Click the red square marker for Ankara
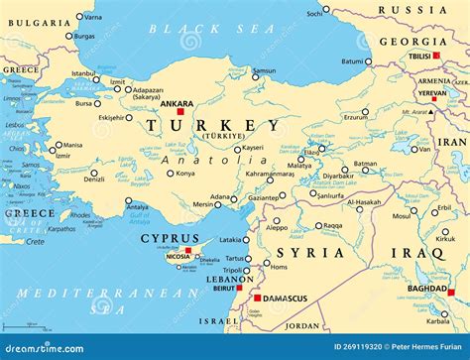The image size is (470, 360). click(180, 112)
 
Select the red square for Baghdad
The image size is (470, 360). click(450, 292)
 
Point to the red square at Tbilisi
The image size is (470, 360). click(436, 57)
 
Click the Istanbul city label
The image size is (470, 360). click(83, 73)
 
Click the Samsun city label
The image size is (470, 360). click(264, 71)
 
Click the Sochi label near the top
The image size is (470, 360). click(314, 13)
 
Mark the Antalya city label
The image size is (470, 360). click(138, 207)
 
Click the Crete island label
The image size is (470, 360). click(35, 242)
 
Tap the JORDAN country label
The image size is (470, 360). click(302, 325)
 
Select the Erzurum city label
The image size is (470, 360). click(356, 116)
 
